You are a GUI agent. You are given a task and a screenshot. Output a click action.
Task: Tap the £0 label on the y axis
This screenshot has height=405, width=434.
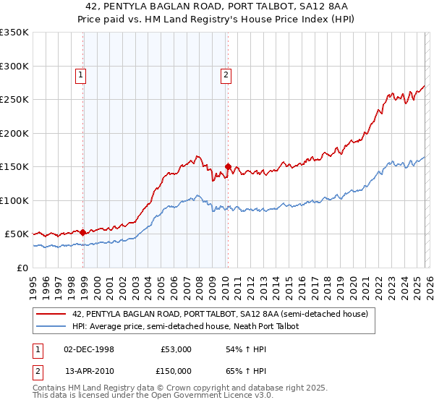(x=22, y=268)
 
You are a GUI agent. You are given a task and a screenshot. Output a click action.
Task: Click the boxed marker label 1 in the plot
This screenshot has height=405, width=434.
(x=80, y=73)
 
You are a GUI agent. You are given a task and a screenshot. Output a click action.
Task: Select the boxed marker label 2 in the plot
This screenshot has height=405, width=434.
(x=226, y=73)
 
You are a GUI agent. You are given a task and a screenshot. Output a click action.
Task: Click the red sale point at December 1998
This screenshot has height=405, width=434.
(x=83, y=232)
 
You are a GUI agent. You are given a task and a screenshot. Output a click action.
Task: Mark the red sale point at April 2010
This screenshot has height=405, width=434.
(x=228, y=167)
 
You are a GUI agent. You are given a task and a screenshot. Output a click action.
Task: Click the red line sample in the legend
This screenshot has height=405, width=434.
(x=51, y=314)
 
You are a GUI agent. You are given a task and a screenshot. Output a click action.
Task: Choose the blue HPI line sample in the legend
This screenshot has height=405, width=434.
(x=51, y=326)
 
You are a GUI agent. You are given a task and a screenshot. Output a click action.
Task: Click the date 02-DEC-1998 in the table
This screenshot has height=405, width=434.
(x=89, y=349)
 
